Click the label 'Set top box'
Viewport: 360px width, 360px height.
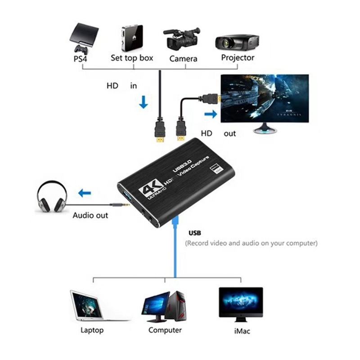click(x=132, y=58)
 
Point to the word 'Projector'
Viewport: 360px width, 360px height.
click(x=238, y=58)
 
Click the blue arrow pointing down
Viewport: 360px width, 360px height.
click(x=143, y=103)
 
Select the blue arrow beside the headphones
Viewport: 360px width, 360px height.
click(x=84, y=193)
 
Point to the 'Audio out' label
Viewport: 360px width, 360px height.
click(x=90, y=215)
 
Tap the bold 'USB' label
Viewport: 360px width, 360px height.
click(x=195, y=233)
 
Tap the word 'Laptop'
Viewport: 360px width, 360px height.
click(x=92, y=330)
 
